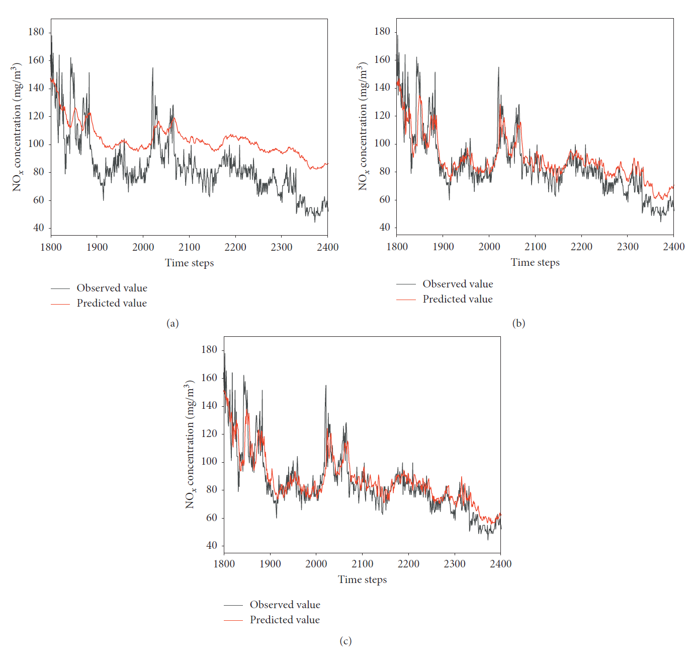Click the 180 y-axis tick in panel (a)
click(x=36, y=32)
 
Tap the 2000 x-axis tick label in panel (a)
click(x=143, y=247)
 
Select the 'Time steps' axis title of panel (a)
click(x=189, y=263)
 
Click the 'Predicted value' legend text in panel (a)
click(x=112, y=303)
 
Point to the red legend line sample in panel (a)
click(x=60, y=304)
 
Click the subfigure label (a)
click(x=172, y=323)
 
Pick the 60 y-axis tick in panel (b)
click(x=385, y=199)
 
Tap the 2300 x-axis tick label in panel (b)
click(x=628, y=247)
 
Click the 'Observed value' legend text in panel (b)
click(x=458, y=284)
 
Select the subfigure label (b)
click(x=518, y=323)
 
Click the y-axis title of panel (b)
click(x=363, y=126)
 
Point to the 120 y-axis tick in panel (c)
click(x=209, y=433)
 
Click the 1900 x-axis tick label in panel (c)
click(x=270, y=564)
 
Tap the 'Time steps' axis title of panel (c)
click(x=362, y=579)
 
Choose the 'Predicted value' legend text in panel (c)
click(x=285, y=620)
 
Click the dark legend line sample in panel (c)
click(x=233, y=605)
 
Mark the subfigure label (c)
click(x=345, y=641)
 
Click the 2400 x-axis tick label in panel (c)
click(x=500, y=564)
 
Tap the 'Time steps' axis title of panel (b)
click(x=535, y=262)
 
